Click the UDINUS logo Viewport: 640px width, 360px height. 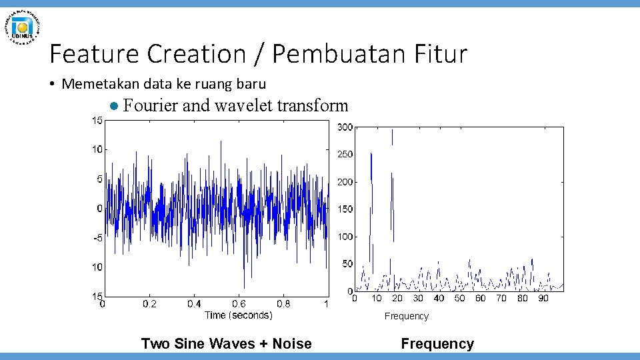click(x=23, y=26)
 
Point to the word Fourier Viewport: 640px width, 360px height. click(x=151, y=105)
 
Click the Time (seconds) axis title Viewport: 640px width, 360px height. click(x=238, y=315)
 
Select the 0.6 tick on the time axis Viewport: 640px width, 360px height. click(x=238, y=305)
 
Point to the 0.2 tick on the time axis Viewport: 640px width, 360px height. click(x=149, y=305)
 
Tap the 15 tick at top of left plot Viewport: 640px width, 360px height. click(x=97, y=121)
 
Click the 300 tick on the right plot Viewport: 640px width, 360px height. click(x=345, y=127)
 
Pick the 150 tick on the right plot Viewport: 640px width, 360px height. click(x=345, y=209)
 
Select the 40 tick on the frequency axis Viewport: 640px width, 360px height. click(x=439, y=299)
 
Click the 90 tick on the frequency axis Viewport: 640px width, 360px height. click(x=543, y=299)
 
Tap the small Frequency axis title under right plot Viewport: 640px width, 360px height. click(x=406, y=316)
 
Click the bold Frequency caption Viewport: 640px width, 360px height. click(x=437, y=344)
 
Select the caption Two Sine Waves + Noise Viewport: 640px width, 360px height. click(x=226, y=344)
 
